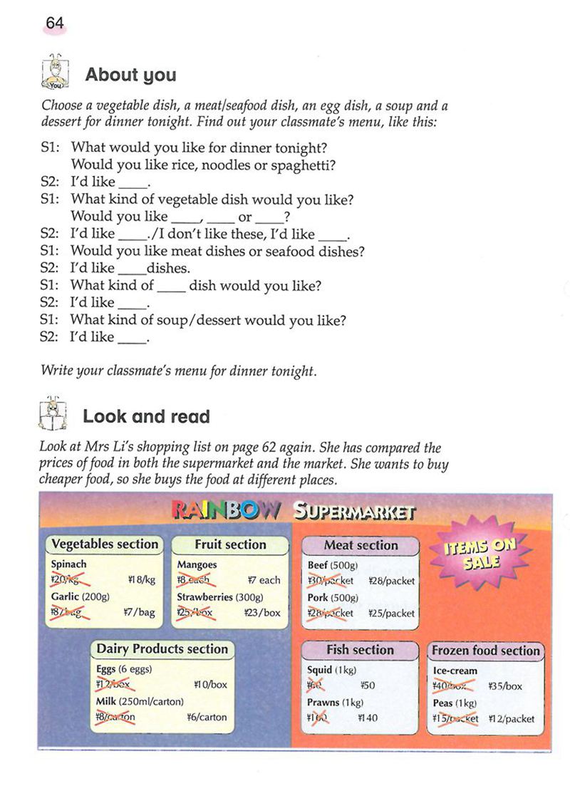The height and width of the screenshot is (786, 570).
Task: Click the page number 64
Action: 55,24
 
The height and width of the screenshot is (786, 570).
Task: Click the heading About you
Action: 130,75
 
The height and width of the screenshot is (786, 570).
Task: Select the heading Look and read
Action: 146,416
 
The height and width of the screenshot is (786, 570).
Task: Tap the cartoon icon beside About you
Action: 55,71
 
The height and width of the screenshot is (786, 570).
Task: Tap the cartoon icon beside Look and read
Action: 53,413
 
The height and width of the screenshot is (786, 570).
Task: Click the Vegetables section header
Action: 105,544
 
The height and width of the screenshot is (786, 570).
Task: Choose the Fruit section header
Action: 229,544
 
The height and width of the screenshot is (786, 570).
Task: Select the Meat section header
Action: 361,545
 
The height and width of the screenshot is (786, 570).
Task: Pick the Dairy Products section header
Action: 162,649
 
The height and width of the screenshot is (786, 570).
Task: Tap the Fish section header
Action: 360,649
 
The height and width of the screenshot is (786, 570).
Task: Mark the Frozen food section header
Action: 486,651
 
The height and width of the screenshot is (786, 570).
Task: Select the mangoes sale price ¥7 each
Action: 264,580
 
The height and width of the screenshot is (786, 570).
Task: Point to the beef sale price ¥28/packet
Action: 391,581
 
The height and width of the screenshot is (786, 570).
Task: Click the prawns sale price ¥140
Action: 368,718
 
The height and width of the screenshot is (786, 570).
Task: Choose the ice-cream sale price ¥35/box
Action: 505,687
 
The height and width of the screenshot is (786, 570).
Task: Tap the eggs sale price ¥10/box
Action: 210,684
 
